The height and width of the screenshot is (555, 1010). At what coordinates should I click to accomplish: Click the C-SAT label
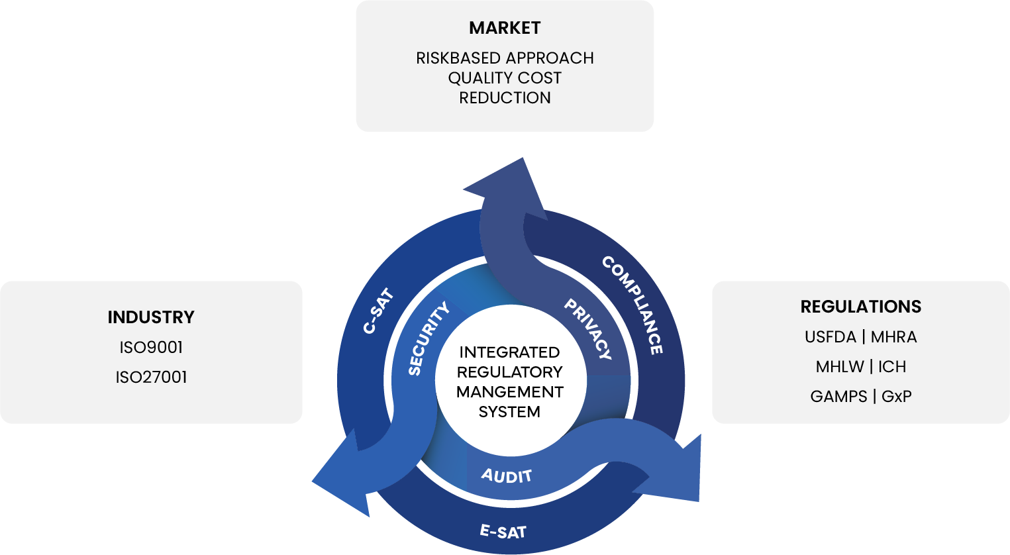379,311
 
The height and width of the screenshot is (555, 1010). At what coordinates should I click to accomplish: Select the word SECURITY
429,338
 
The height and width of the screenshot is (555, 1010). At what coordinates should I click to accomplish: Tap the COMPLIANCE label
632,305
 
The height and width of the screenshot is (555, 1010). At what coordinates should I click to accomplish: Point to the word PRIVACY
587,329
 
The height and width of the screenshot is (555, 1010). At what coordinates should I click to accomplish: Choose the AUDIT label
507,476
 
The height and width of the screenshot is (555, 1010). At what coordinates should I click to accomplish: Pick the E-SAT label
503,531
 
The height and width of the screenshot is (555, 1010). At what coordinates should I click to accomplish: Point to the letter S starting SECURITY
415,370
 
